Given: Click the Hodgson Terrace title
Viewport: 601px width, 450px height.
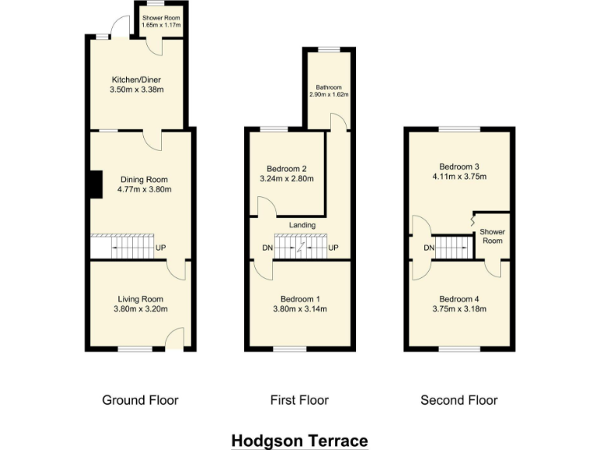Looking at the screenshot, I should [x=300, y=441].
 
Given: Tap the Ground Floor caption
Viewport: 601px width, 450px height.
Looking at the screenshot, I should [x=140, y=400].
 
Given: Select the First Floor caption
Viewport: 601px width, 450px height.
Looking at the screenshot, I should [x=299, y=400].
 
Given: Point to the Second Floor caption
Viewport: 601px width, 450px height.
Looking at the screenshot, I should [x=459, y=400].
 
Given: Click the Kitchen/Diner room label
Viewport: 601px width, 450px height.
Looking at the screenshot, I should [x=138, y=79].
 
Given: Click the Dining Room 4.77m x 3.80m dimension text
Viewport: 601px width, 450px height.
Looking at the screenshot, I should [x=143, y=189].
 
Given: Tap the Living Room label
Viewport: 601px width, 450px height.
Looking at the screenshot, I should [x=141, y=299].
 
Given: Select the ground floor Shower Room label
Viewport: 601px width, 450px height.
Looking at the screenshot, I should [x=162, y=17].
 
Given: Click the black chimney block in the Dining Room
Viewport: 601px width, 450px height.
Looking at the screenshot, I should [x=95, y=184].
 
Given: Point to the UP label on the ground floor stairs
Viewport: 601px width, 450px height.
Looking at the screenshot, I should [x=161, y=248].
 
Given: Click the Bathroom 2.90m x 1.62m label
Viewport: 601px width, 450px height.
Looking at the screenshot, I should [x=329, y=87].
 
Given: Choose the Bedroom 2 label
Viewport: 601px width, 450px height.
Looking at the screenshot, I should [x=286, y=169].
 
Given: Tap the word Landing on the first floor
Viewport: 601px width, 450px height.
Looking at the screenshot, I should [x=302, y=225].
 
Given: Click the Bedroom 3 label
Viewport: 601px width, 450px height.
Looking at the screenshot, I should [x=459, y=166].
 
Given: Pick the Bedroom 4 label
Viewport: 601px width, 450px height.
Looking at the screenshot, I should [x=459, y=299].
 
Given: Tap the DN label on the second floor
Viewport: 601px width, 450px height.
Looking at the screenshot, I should [x=429, y=248].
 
